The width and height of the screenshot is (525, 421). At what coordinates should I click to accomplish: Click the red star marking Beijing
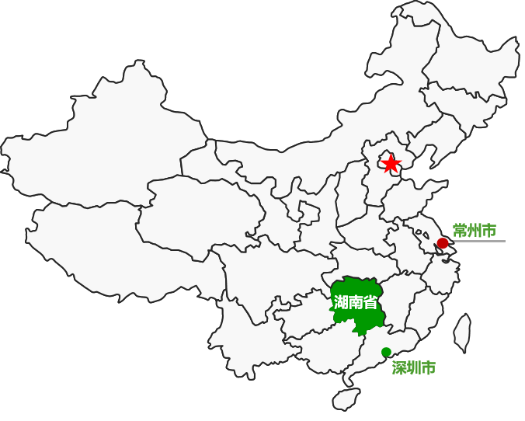click(391, 163)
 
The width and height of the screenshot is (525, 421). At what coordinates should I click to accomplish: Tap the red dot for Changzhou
click(443, 243)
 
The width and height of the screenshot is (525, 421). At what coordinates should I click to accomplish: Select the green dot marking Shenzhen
click(386, 352)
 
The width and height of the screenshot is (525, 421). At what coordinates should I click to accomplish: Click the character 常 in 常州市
click(460, 231)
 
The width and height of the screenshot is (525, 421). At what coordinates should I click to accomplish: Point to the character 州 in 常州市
click(475, 231)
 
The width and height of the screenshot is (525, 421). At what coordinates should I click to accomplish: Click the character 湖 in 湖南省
click(340, 302)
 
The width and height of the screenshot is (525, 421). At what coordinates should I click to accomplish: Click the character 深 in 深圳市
click(399, 367)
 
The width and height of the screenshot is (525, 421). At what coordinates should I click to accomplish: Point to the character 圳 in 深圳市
click(414, 367)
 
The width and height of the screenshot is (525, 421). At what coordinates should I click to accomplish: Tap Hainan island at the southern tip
click(346, 399)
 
